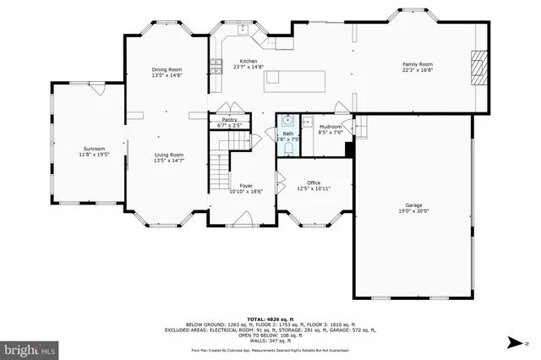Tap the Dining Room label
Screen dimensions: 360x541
167,70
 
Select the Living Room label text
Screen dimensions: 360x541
168,155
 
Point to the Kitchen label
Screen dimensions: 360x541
249,61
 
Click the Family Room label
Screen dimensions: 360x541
417,64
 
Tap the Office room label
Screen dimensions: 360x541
314,183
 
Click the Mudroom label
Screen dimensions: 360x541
330,127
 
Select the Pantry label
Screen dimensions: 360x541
230,120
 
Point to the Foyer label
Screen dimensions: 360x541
246,186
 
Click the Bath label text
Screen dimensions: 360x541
288,134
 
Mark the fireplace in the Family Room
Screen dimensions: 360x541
479,66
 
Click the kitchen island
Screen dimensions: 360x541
296,79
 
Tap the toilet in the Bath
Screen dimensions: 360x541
288,148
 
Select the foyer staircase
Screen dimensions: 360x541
220,168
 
